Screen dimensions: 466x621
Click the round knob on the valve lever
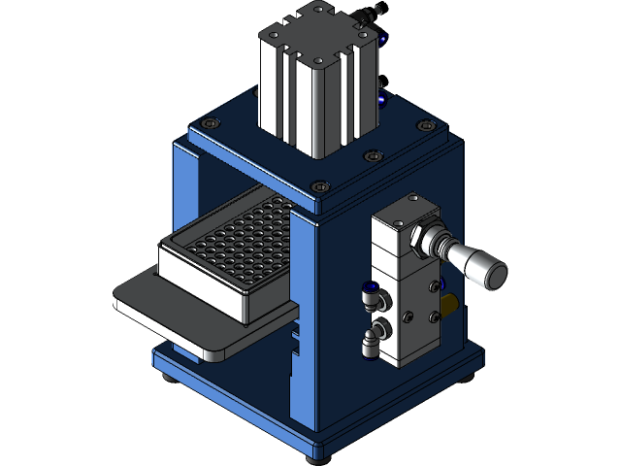[x=494, y=275]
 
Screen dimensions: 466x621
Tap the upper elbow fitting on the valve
[x=370, y=290]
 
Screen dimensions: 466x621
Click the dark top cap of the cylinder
[x=312, y=29]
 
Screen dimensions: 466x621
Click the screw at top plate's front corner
[x=321, y=187]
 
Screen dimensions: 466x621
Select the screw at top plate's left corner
[x=211, y=122]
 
